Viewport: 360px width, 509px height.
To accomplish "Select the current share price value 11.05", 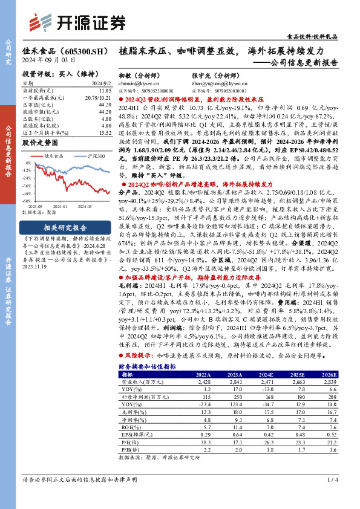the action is click(105, 89).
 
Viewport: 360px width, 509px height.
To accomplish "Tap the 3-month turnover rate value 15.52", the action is click(104, 132).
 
